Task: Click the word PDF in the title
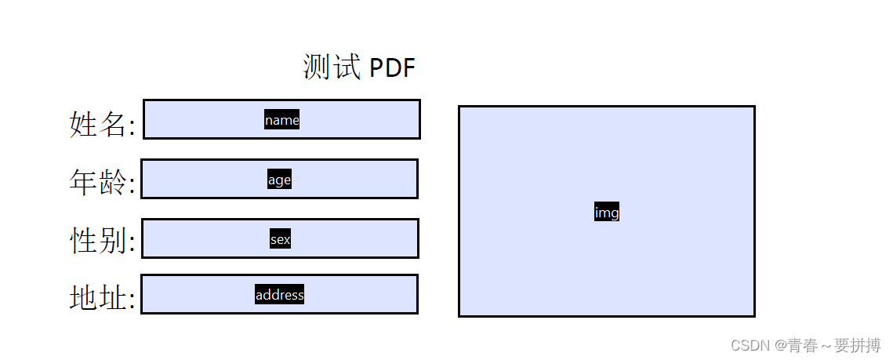coord(392,67)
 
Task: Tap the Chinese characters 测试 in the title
coord(332,67)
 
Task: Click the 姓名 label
coord(97,124)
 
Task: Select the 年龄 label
coord(97,183)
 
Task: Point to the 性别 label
coord(97,240)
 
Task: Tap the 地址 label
coord(97,297)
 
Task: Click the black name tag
coord(282,120)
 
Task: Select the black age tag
coord(280,180)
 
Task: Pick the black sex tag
coord(280,239)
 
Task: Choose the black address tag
coord(280,294)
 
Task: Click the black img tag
coord(607,212)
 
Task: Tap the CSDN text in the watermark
coord(750,345)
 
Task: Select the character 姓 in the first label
coord(83,124)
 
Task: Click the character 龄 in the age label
coord(112,183)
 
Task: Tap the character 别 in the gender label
coord(112,240)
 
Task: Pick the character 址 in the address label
coord(112,297)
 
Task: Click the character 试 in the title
coord(347,67)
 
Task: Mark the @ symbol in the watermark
coord(779,345)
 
